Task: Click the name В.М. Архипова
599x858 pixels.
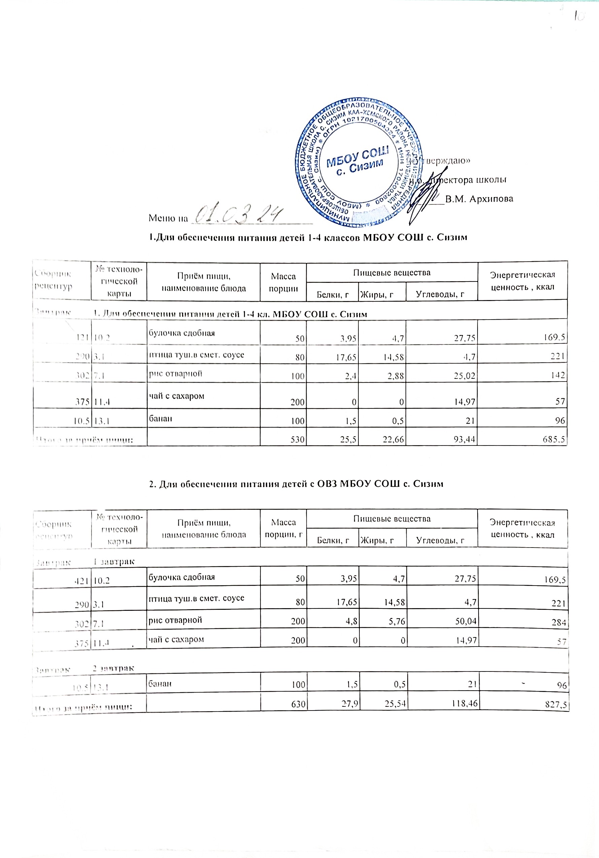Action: point(479,199)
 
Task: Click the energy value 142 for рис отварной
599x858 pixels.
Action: point(558,375)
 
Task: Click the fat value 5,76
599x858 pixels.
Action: point(395,622)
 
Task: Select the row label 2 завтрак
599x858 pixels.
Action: point(113,668)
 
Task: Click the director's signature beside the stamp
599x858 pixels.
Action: point(426,194)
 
